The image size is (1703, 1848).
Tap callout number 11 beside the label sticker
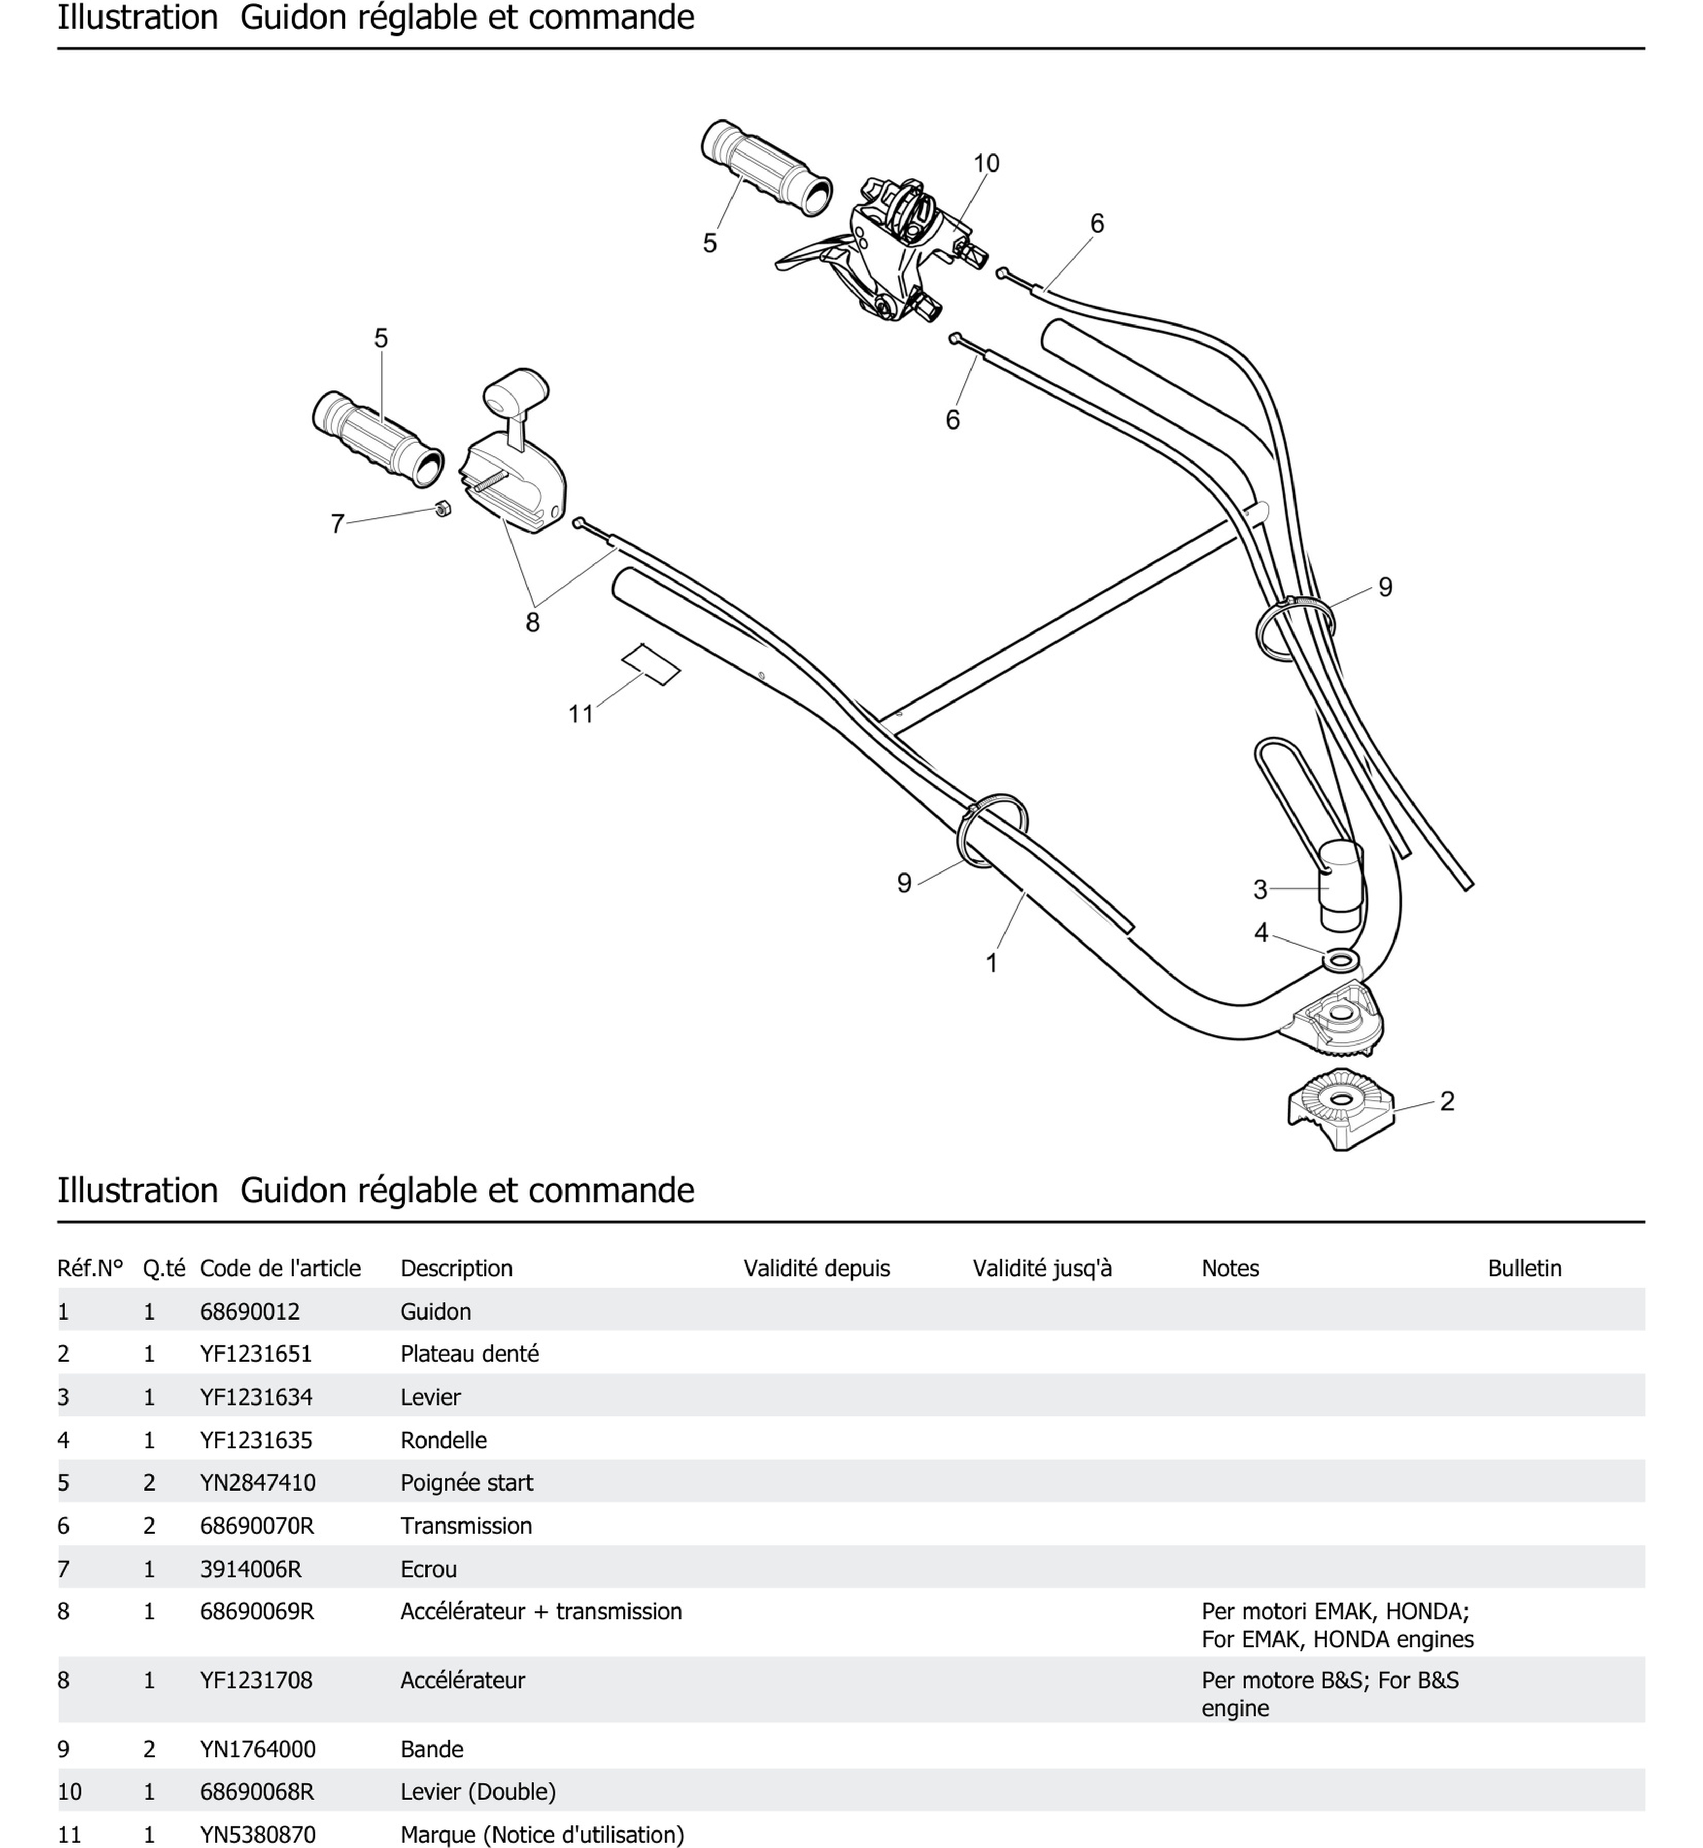coord(581,714)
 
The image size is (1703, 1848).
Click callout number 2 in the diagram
coord(1447,1101)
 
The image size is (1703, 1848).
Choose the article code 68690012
coord(250,1311)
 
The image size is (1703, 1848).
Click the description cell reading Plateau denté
coord(469,1354)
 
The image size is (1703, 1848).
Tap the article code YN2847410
coord(257,1482)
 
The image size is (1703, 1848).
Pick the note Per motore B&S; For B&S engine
coord(1330,1693)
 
